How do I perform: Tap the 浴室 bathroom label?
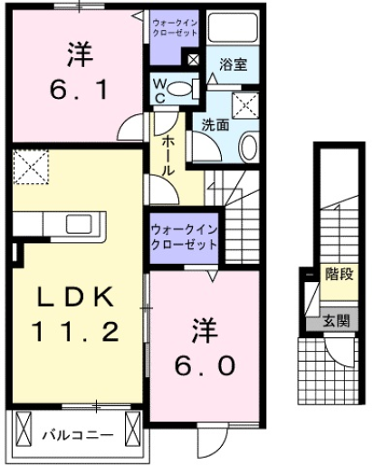(x=233, y=64)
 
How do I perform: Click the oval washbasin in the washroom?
(x=251, y=144)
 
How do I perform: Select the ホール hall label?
(x=169, y=155)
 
